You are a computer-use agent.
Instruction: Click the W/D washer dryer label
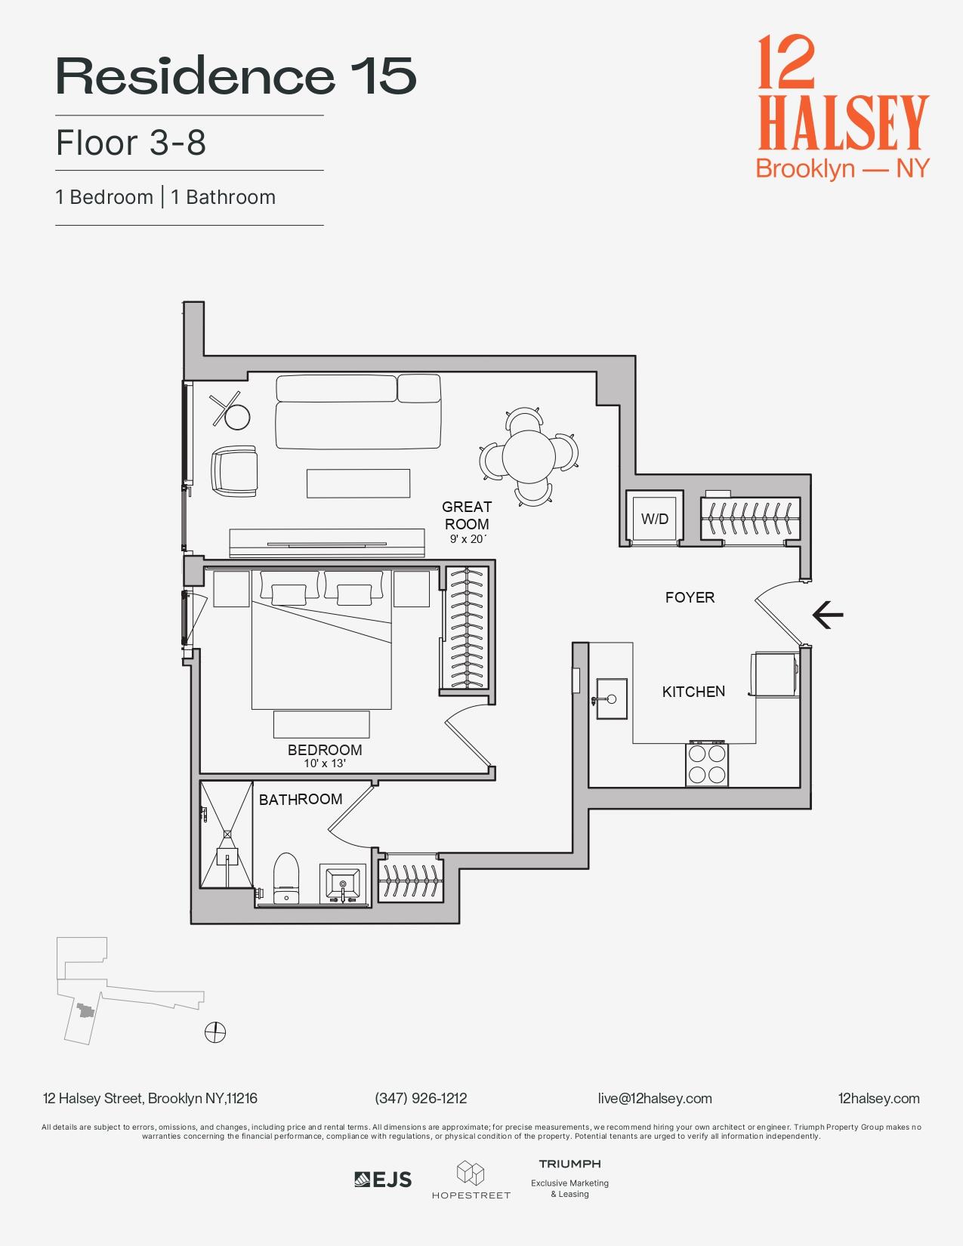[x=655, y=519]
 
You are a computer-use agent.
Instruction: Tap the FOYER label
[x=690, y=597]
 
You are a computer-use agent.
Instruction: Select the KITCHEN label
[x=693, y=692]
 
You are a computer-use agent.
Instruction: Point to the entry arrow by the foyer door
[x=828, y=615]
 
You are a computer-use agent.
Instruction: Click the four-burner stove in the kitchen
[x=707, y=764]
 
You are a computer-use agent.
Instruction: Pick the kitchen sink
[x=611, y=699]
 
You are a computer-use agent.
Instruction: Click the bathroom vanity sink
[x=344, y=884]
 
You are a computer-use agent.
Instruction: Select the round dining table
[x=529, y=455]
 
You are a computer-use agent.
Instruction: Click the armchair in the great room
[x=235, y=471]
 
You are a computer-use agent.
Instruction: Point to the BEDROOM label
[x=325, y=750]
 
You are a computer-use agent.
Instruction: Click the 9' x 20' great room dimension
[x=468, y=539]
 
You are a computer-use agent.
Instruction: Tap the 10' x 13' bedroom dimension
[x=325, y=763]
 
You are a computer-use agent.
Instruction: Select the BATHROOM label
[x=301, y=799]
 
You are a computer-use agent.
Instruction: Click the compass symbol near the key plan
[x=215, y=1032]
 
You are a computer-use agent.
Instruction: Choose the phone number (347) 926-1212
[x=421, y=1099]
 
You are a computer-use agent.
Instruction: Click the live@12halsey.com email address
[x=654, y=1099]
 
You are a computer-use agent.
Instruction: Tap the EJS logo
[x=383, y=1180]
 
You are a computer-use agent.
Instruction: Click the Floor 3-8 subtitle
[x=131, y=143]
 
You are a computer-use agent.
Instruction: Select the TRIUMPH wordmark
[x=569, y=1164]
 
